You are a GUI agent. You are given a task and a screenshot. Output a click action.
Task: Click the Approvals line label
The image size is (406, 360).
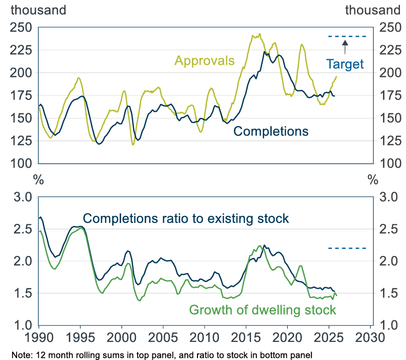coord(205,61)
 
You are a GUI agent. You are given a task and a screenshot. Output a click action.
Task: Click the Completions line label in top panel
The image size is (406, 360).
coord(271,132)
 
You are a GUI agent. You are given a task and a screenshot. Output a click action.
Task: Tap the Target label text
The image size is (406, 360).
coord(345,64)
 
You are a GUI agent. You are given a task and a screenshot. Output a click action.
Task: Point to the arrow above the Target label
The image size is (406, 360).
coord(345,47)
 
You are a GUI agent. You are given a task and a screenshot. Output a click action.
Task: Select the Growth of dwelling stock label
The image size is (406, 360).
coord(262,310)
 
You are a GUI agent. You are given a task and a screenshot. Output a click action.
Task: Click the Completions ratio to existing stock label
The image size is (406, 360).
coord(186,218)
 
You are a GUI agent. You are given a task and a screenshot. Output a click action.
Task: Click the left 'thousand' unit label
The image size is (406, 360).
coord(30,10)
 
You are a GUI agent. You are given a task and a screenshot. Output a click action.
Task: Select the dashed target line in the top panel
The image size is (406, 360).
coord(347,36)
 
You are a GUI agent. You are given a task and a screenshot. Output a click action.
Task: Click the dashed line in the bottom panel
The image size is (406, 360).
coord(347,248)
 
